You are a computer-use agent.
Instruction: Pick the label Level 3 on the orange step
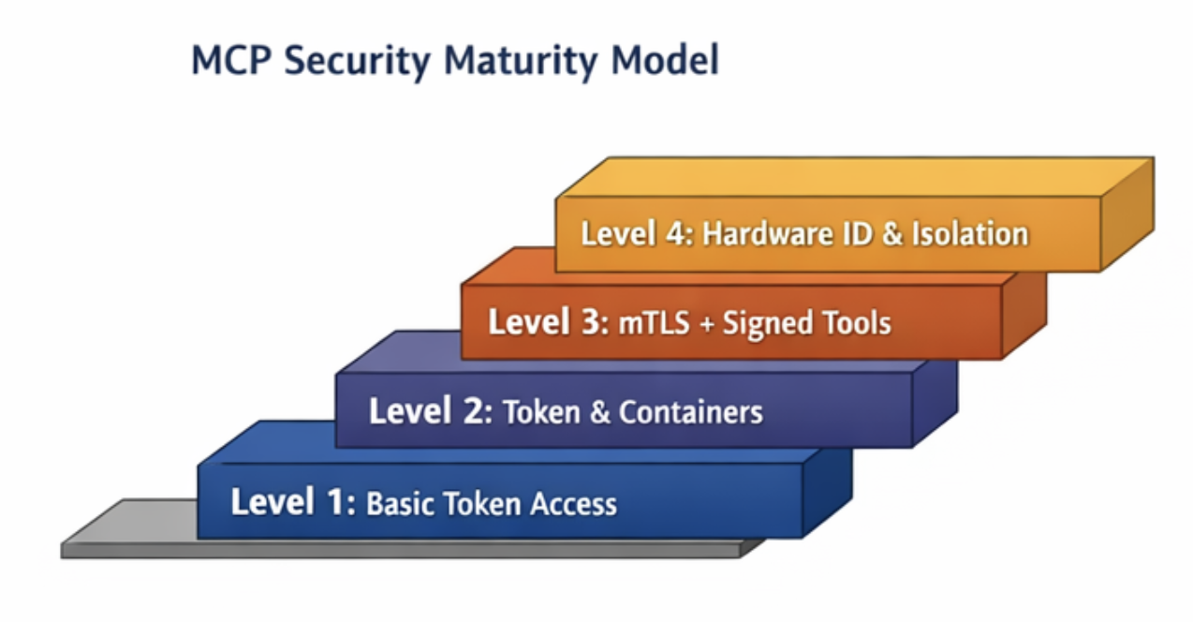pyautogui.click(x=542, y=323)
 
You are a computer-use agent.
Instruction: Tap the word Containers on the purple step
pyautogui.click(x=691, y=412)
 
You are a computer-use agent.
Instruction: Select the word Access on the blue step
pyautogui.click(x=573, y=504)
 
